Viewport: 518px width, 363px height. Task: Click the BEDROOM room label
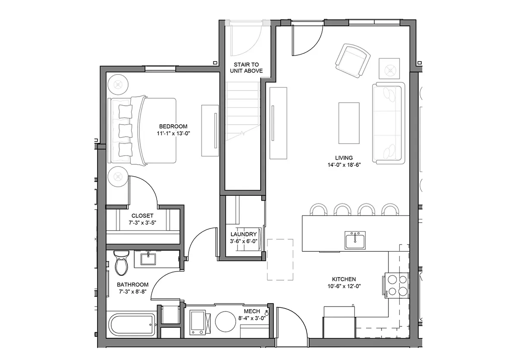[173, 126]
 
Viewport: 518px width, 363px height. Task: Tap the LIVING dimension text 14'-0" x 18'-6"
[344, 165]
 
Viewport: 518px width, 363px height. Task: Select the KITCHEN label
[344, 279]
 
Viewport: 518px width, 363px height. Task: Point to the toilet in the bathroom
[121, 263]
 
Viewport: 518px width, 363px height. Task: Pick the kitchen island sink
[355, 240]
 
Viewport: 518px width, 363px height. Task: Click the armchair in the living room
[352, 60]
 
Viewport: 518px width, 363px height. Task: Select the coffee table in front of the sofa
[349, 123]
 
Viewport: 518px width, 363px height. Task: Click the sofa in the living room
[388, 123]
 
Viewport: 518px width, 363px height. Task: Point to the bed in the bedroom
[142, 131]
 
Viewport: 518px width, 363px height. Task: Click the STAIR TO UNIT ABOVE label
[246, 68]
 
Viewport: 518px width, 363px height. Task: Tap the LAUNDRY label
[243, 234]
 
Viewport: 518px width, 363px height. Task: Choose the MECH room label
[252, 311]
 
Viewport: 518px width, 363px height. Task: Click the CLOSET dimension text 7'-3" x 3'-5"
[142, 223]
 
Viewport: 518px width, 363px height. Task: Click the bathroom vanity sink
[148, 259]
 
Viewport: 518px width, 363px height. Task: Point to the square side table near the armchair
[389, 69]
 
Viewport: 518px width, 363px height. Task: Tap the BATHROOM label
[133, 285]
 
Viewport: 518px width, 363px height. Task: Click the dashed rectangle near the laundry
[280, 260]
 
